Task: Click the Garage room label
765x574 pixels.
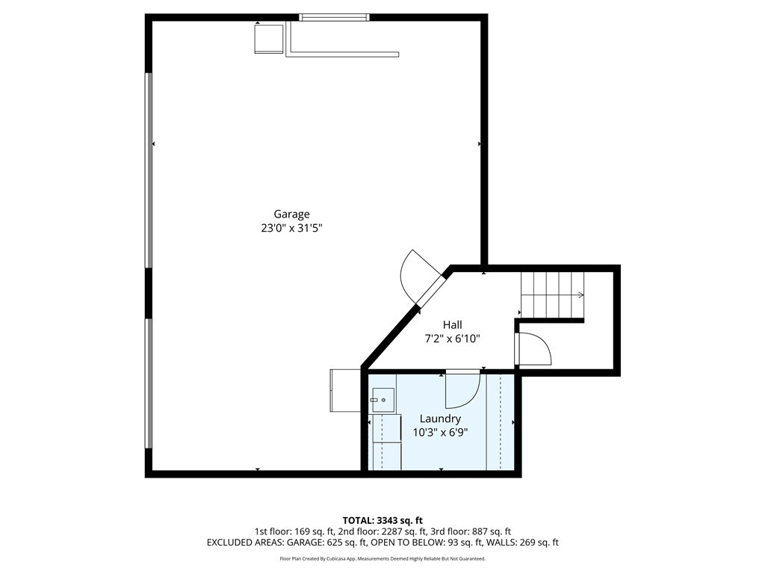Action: [x=291, y=215]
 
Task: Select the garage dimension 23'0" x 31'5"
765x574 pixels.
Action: [x=291, y=229]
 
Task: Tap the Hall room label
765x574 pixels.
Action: [x=452, y=324]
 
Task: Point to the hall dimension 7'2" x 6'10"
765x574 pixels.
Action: [x=452, y=339]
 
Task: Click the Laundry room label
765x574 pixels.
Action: [x=440, y=419]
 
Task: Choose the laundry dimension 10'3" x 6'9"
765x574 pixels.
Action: [x=440, y=432]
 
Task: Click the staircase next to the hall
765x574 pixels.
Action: [x=552, y=295]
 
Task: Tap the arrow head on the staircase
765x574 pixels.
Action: [x=581, y=295]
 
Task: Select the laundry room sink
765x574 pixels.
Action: [x=383, y=401]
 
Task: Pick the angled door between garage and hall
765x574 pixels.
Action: [x=423, y=280]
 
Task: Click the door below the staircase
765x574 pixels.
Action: [x=533, y=349]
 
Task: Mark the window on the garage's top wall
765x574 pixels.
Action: [x=333, y=17]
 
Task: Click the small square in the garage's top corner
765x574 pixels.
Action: [x=269, y=39]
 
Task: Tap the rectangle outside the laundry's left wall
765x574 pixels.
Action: [x=344, y=390]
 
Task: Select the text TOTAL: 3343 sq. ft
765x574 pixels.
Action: [x=382, y=520]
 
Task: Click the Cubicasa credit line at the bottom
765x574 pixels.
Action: [x=382, y=558]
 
